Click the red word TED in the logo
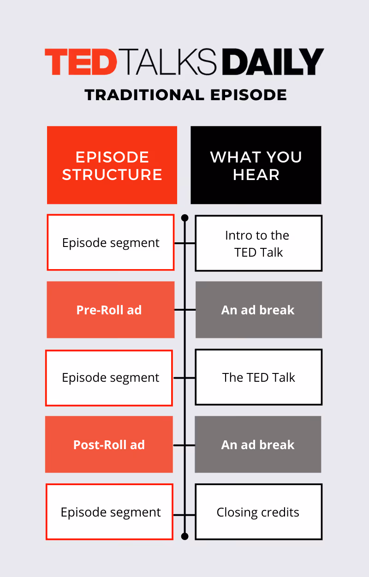[x=80, y=62]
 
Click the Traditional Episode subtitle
[x=185, y=95]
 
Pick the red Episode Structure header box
[x=112, y=165]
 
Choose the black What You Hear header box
[x=256, y=165]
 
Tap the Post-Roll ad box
[x=109, y=445]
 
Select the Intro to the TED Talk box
[x=258, y=243]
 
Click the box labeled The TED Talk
[x=258, y=378]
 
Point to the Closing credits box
[x=258, y=512]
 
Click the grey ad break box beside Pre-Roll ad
[x=258, y=310]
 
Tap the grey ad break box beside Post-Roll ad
[x=258, y=445]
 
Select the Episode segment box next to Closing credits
[x=110, y=512]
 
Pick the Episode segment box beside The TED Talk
[x=109, y=378]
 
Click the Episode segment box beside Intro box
[x=111, y=243]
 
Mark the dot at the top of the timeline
[x=185, y=217]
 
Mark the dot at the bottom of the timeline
[x=185, y=536]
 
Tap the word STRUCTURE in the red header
[x=112, y=175]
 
